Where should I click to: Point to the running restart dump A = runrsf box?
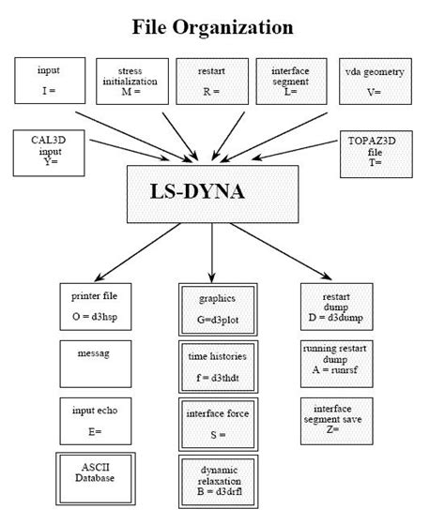coord(335,362)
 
